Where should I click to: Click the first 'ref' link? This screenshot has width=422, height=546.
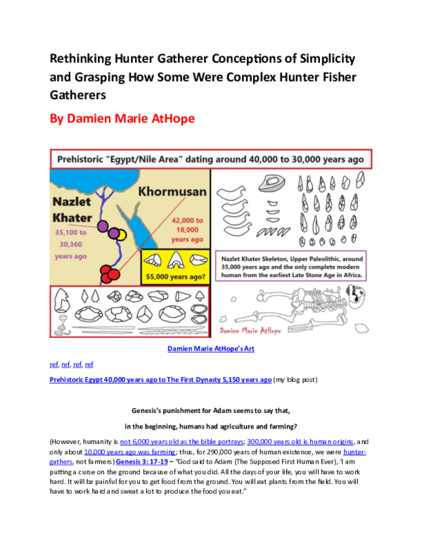tap(53, 364)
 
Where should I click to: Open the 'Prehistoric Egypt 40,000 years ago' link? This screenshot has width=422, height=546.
tap(160, 379)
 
